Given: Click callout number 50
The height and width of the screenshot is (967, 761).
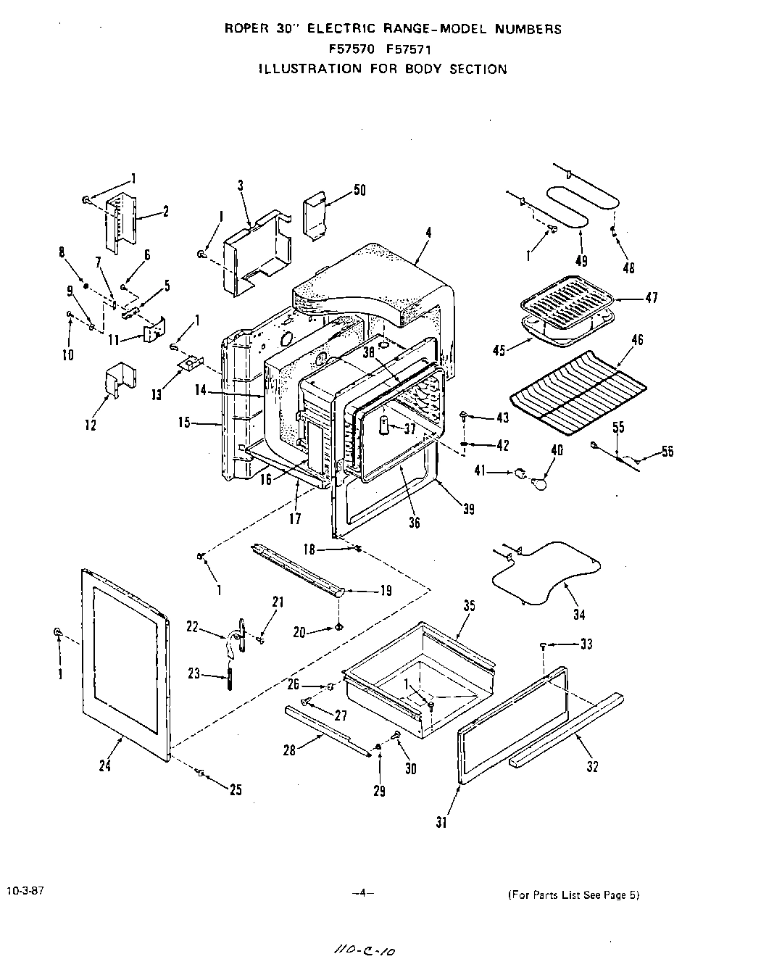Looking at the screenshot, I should pyautogui.click(x=359, y=191).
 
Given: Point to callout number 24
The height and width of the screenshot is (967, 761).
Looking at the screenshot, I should pyautogui.click(x=105, y=764).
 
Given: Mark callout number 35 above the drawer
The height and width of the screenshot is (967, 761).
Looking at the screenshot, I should pyautogui.click(x=469, y=606).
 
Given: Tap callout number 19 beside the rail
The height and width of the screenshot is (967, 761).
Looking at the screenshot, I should pyautogui.click(x=386, y=591).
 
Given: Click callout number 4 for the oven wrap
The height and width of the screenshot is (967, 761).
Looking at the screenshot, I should pyautogui.click(x=428, y=233).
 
